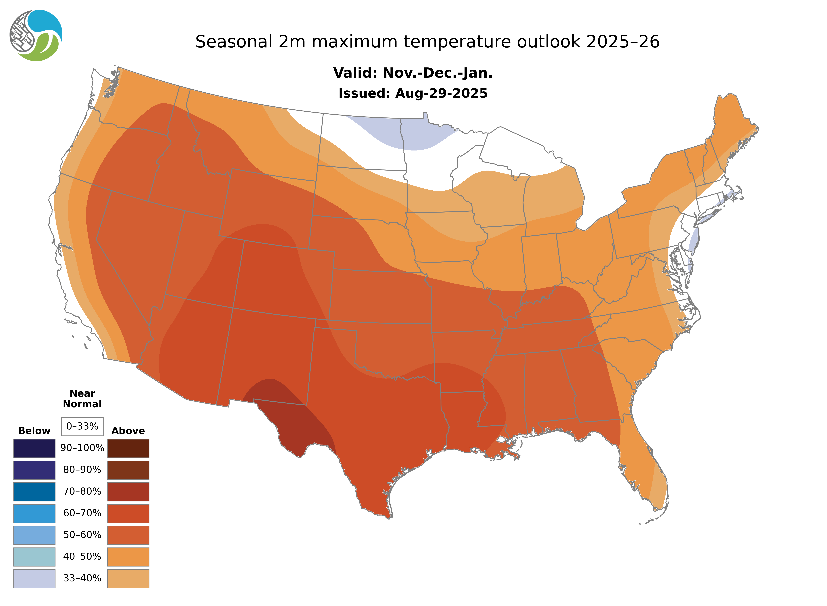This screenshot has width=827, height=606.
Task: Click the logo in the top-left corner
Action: (x=36, y=36)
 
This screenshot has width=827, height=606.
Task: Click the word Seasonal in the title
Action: (x=234, y=42)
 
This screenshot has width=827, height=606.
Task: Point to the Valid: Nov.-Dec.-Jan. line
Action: (x=413, y=73)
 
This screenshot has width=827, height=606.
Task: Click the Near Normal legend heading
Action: (x=82, y=399)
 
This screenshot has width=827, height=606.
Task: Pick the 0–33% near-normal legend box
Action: (x=82, y=426)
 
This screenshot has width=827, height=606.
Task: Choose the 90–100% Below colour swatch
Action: (x=34, y=448)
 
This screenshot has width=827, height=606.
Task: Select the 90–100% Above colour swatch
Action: (x=128, y=448)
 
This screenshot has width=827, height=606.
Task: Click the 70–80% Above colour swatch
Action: (x=128, y=492)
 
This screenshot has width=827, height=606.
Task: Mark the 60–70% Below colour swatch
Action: (x=34, y=513)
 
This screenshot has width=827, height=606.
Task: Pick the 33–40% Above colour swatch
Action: (x=128, y=578)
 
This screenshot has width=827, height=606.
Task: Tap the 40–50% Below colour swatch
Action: (x=34, y=556)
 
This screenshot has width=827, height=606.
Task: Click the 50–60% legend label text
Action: (x=82, y=535)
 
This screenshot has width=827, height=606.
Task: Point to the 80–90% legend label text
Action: (x=82, y=470)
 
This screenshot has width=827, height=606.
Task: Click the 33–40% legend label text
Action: (x=82, y=578)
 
